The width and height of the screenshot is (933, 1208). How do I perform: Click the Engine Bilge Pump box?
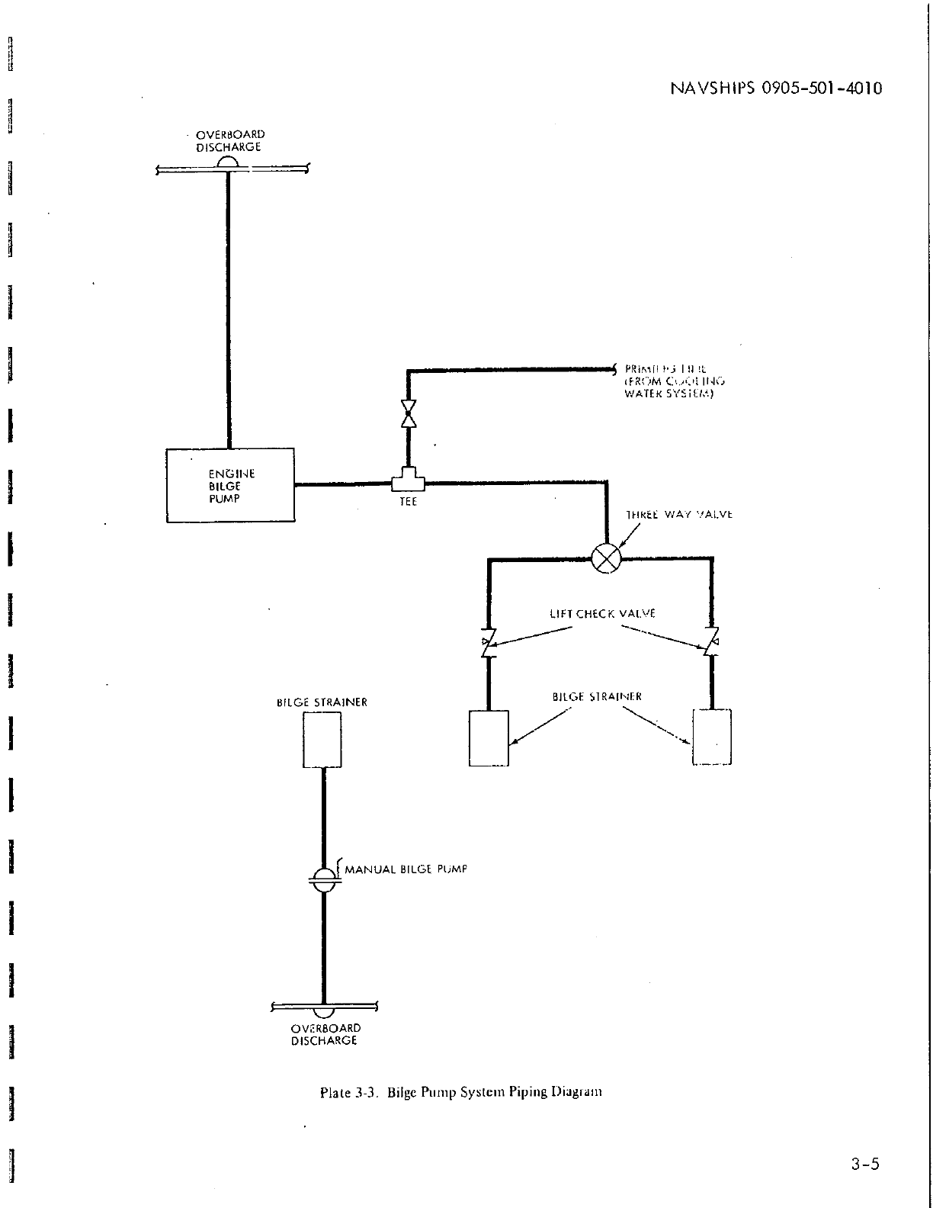(x=230, y=485)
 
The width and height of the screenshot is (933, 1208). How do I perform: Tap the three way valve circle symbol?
(x=607, y=558)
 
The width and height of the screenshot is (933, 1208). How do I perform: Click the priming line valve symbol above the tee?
(x=409, y=413)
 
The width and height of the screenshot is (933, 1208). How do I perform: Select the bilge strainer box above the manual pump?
(x=323, y=739)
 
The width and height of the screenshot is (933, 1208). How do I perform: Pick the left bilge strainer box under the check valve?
(x=489, y=737)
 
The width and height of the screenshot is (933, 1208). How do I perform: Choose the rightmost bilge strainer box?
(x=712, y=736)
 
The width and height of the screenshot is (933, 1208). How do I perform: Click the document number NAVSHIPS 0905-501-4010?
(x=775, y=88)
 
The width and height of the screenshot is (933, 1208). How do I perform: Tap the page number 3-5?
(x=866, y=1164)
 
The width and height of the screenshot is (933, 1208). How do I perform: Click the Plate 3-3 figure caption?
(x=461, y=1091)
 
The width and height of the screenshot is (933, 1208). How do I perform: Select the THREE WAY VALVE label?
(x=678, y=514)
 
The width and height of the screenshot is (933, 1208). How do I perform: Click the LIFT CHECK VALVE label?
(x=602, y=613)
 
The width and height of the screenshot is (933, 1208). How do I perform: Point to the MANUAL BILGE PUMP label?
(x=406, y=869)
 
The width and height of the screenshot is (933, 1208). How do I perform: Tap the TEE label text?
(x=409, y=503)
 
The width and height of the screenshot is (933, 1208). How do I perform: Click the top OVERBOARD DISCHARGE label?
(x=229, y=141)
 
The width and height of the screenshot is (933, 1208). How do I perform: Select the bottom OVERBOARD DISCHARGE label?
(x=325, y=1033)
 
